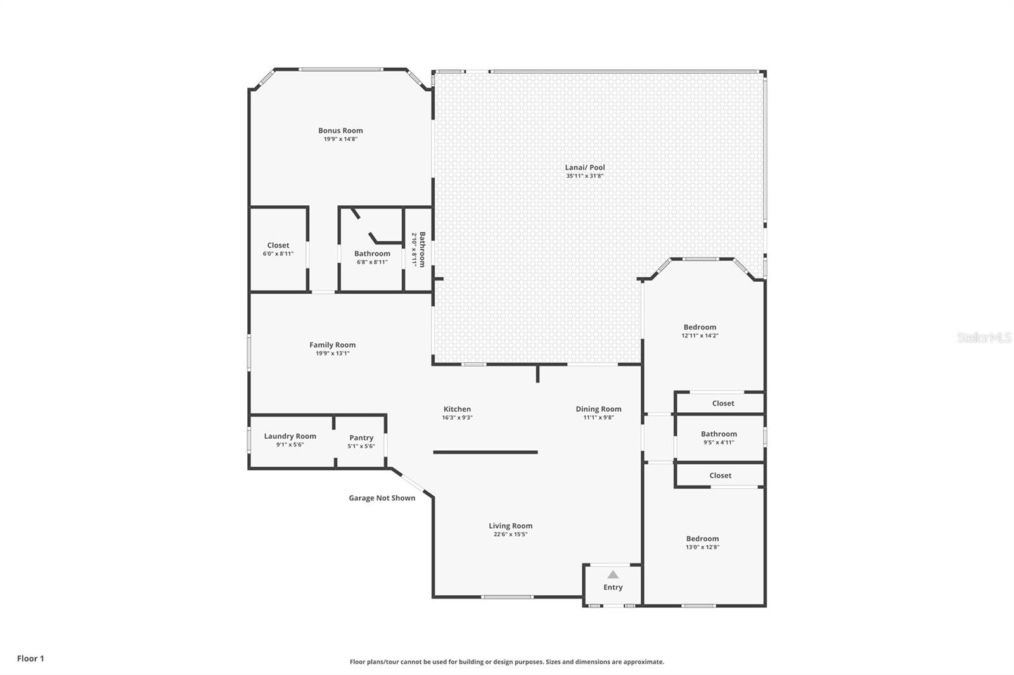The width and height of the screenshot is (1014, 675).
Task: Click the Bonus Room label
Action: [340, 130]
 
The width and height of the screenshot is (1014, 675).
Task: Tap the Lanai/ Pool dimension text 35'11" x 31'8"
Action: [584, 175]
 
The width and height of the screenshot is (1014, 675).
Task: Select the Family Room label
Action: [332, 344]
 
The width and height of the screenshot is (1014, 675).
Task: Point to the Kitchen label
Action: [457, 409]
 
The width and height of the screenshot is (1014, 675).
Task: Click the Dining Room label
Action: [598, 409]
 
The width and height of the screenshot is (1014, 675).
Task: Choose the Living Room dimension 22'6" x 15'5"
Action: [510, 534]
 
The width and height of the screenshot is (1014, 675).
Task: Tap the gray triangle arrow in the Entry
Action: [613, 574]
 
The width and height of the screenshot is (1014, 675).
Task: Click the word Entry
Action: [613, 587]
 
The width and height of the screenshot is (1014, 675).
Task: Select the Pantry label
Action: [361, 438]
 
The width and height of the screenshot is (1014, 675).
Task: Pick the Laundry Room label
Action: [290, 436]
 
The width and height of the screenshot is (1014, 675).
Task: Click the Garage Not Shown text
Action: [382, 498]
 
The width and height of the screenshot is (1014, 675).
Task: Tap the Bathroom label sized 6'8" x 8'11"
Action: [372, 253]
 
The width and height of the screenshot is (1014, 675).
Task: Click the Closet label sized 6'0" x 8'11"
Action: [278, 245]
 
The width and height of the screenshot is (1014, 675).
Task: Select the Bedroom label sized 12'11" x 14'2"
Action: [700, 327]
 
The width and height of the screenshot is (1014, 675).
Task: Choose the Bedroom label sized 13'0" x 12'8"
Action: [703, 538]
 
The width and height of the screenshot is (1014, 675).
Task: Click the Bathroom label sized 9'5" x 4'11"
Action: [719, 434]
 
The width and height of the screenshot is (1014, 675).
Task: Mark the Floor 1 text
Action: [31, 659]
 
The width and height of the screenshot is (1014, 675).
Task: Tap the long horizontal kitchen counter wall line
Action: [485, 452]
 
